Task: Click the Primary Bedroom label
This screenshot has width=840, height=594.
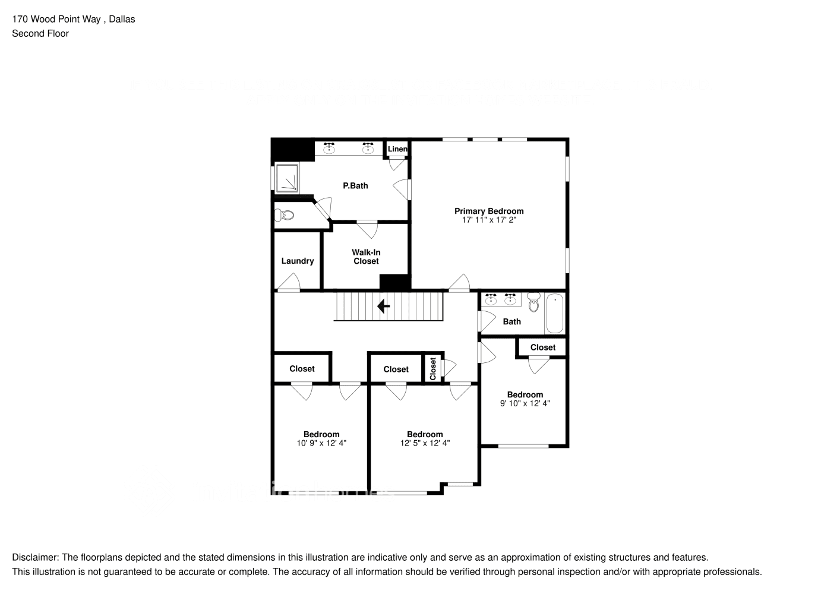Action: click(488, 211)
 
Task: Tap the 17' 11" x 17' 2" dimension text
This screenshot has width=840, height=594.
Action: click(488, 220)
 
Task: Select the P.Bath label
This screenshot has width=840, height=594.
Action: click(355, 185)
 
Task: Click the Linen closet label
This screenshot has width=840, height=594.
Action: click(397, 149)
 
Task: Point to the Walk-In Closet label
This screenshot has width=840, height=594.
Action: click(366, 257)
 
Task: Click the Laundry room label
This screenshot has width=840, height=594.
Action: click(297, 261)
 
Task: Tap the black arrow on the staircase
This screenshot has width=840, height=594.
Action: click(384, 307)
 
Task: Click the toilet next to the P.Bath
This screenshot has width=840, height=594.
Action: click(286, 214)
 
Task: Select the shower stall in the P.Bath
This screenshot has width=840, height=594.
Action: click(288, 178)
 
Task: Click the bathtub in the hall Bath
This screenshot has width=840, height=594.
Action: click(554, 313)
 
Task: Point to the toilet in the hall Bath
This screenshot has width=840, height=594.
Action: click(533, 304)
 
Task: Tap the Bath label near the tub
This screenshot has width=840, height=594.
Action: click(511, 321)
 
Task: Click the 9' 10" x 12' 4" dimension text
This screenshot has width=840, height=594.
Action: click(525, 403)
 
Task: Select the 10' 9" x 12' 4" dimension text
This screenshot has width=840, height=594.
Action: click(321, 443)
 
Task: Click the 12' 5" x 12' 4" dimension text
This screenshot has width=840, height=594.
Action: click(425, 443)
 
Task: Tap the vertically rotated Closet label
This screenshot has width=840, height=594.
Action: click(433, 369)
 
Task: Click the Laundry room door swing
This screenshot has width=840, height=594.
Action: click(289, 283)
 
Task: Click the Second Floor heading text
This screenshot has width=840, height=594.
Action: click(40, 33)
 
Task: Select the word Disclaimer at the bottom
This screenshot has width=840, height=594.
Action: click(34, 557)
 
